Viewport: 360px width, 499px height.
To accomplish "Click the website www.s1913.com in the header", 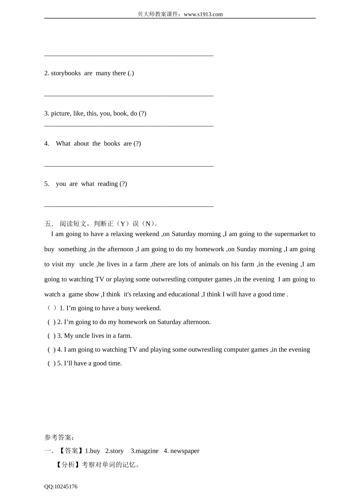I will point(203,14).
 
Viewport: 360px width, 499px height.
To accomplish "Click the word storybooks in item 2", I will point(66,73).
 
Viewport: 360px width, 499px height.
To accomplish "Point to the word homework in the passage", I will point(210,249).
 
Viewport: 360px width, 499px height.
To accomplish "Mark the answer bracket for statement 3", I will point(52,336).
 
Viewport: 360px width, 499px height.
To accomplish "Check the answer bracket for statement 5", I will point(52,363).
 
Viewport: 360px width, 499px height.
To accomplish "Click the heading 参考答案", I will point(58,437).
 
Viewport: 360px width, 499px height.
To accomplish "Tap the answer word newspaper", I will point(185,451).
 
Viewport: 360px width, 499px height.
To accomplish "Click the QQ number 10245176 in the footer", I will point(66,486).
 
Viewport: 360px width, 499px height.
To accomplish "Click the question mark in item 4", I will point(137,144).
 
